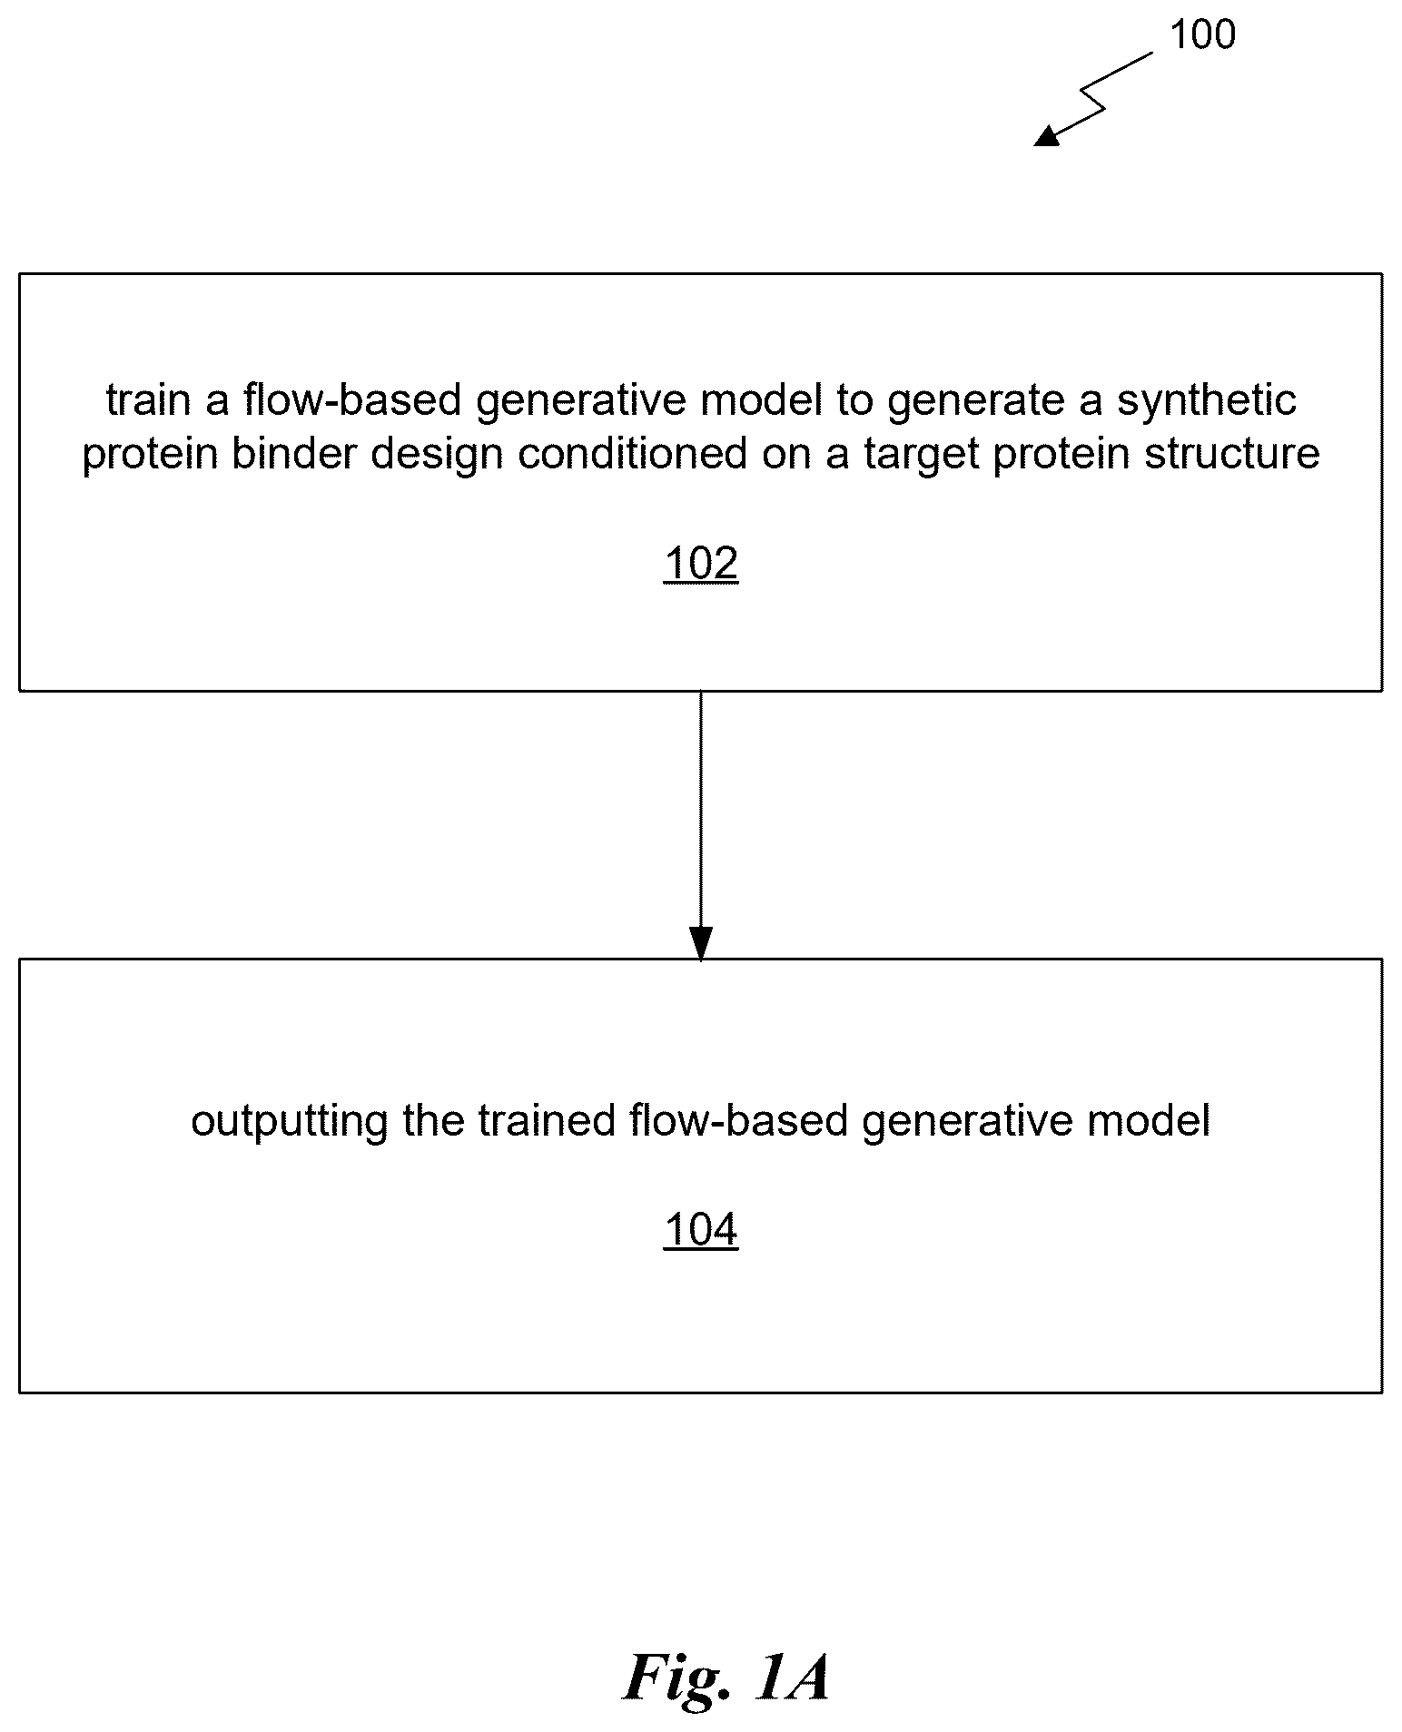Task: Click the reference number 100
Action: [x=1202, y=35]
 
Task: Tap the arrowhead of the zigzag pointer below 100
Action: [x=1048, y=136]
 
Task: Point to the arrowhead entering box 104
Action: [x=701, y=944]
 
